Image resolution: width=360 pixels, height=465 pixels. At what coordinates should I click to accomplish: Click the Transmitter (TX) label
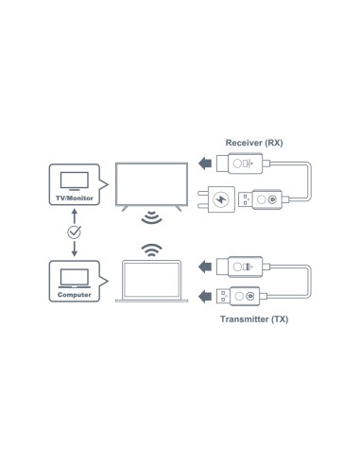coord(252,320)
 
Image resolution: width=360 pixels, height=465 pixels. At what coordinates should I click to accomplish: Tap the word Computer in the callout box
coord(73,296)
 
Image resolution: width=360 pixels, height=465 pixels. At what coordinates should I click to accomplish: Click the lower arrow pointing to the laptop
coord(205,295)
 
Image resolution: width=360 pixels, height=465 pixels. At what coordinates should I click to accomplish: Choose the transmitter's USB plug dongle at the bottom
coord(245,295)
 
